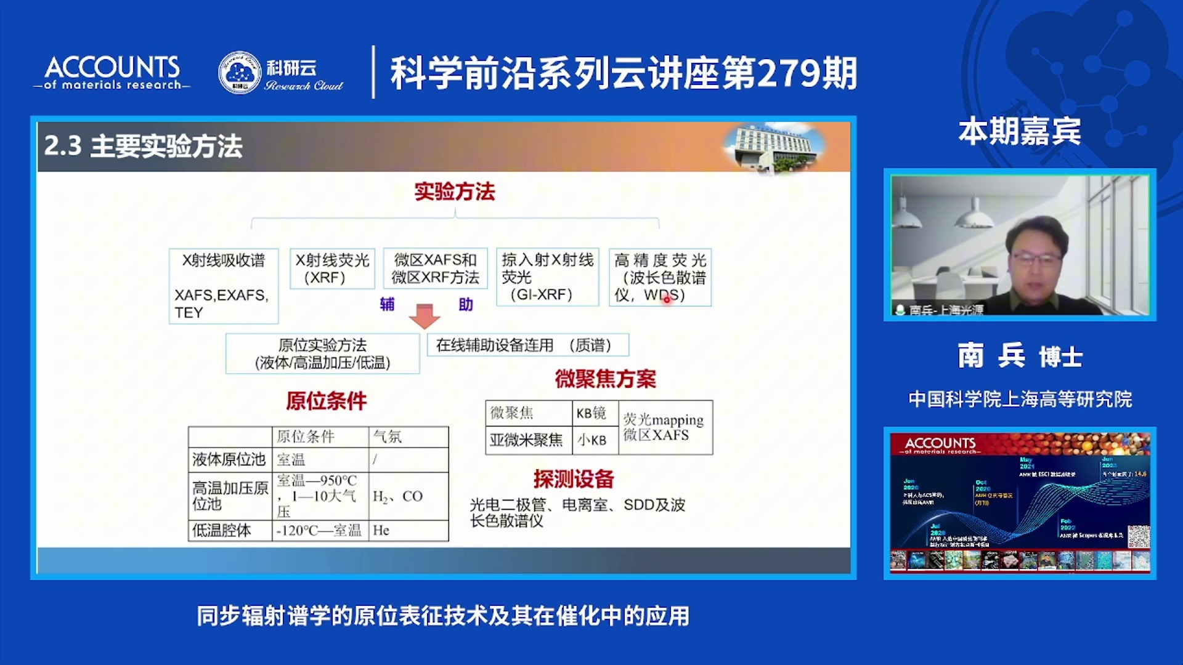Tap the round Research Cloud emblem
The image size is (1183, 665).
[x=240, y=73]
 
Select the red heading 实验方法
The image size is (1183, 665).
[x=455, y=191]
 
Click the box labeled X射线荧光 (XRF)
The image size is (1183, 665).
[x=332, y=268]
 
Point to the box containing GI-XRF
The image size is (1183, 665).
[x=547, y=277]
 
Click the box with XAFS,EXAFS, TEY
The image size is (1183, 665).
[x=223, y=286]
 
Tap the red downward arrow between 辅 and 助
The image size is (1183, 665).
[x=425, y=315]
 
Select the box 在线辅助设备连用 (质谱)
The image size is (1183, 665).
[x=527, y=345]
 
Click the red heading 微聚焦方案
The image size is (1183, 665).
[x=605, y=379]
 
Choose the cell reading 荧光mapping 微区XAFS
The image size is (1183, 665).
[x=664, y=427]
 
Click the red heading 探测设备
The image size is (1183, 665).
[x=574, y=478]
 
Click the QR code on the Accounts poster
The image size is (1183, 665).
[x=1139, y=537]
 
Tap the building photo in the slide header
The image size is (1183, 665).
[x=774, y=147]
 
